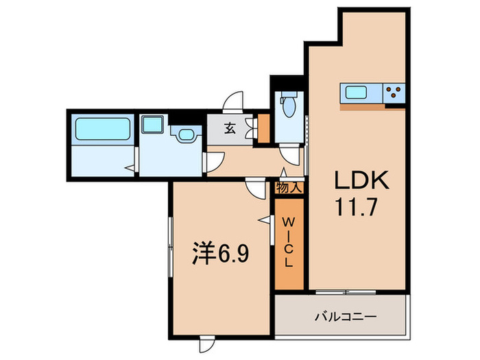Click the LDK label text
[361, 180]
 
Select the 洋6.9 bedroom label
[219, 254]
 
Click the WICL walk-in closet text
[289, 242]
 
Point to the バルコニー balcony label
[344, 317]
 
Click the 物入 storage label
[289, 187]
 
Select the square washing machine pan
[151, 125]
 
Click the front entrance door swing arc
[235, 101]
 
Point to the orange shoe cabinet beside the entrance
[262, 128]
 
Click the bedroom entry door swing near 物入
[255, 188]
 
